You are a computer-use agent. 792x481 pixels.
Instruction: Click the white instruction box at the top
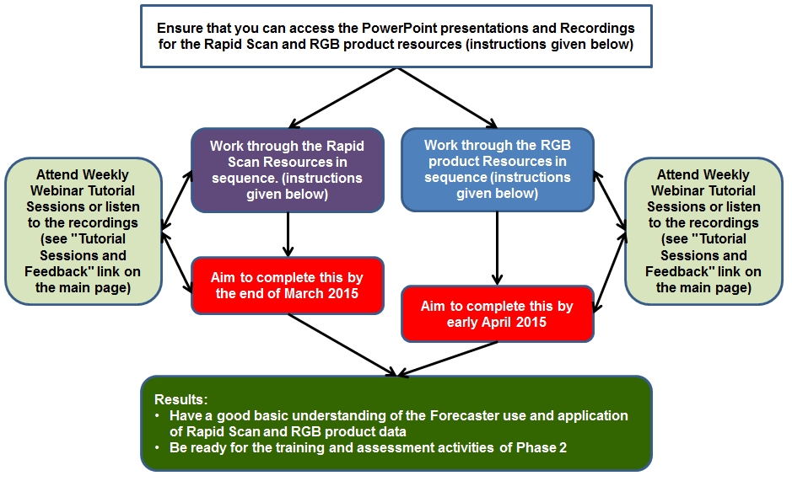coord(395,35)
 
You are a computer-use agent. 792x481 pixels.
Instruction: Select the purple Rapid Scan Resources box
coord(287,169)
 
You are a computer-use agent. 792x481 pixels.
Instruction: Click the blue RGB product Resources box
coord(497,169)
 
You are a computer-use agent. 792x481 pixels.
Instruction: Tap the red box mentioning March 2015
coord(287,285)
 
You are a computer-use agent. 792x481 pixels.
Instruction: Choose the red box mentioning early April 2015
coord(497,313)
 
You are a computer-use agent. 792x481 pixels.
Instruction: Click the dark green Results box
coord(395,422)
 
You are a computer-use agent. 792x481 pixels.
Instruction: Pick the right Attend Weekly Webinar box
coord(703,230)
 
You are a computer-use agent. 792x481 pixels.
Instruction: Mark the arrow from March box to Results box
coord(342,345)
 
